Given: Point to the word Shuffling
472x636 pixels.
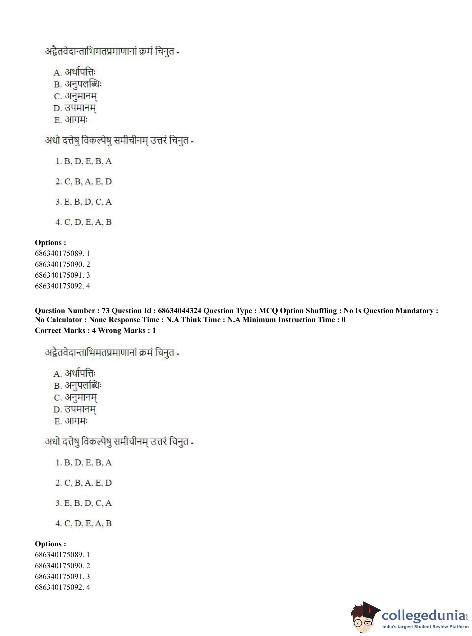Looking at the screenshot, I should tap(321, 311).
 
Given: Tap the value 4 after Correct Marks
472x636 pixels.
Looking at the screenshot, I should tap(94, 331).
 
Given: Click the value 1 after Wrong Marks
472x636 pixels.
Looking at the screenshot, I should tap(154, 331).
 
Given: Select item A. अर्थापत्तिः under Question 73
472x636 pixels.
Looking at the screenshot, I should tap(75, 373).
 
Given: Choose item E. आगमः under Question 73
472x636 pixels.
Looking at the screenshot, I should tap(71, 421).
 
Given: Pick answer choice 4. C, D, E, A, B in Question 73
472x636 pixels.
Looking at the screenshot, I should tap(84, 523).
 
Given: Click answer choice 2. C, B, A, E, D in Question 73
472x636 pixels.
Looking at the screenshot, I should tap(84, 483).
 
